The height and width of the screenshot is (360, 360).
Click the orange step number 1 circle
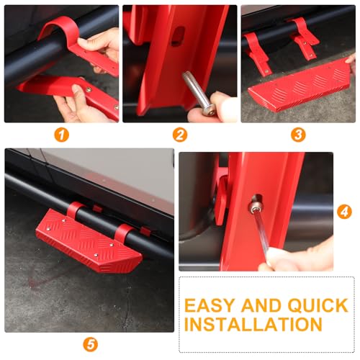(x=62, y=135)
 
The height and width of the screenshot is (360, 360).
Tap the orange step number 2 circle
(x=180, y=135)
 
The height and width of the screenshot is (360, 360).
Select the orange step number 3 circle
(x=298, y=135)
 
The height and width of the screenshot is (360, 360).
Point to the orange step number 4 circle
(x=344, y=212)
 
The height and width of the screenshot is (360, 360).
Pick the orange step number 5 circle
(x=91, y=345)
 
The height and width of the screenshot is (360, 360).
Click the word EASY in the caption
(x=209, y=305)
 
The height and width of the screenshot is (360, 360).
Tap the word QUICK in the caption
(x=318, y=306)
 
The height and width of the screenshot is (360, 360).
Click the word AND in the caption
(x=261, y=305)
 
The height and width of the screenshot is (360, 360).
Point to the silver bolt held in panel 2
(x=197, y=93)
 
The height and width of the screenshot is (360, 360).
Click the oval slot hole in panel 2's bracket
(x=179, y=36)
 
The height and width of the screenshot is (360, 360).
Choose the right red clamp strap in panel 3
(x=304, y=38)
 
